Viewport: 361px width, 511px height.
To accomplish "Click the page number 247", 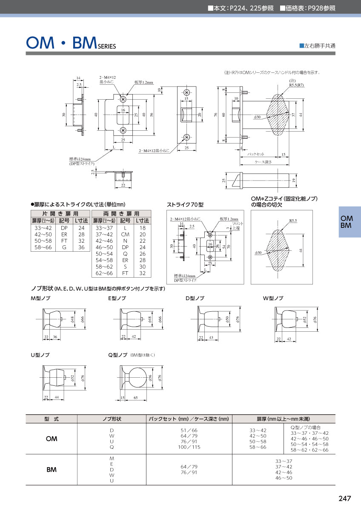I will click(344, 499).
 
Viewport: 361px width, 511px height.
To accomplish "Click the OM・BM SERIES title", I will click(71, 43).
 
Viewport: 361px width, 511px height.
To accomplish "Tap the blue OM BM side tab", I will click(346, 222).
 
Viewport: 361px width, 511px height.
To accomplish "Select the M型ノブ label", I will click(40, 298).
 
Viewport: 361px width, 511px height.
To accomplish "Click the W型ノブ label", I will click(273, 298).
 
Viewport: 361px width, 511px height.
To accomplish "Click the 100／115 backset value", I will click(189, 447).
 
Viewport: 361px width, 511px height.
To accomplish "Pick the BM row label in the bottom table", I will click(51, 470).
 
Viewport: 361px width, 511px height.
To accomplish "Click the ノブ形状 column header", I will click(112, 419).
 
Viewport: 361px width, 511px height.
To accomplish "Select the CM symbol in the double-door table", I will click(125, 234).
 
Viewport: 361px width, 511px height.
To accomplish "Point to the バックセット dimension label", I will click(256, 154).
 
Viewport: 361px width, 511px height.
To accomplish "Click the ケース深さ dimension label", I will click(263, 162).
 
